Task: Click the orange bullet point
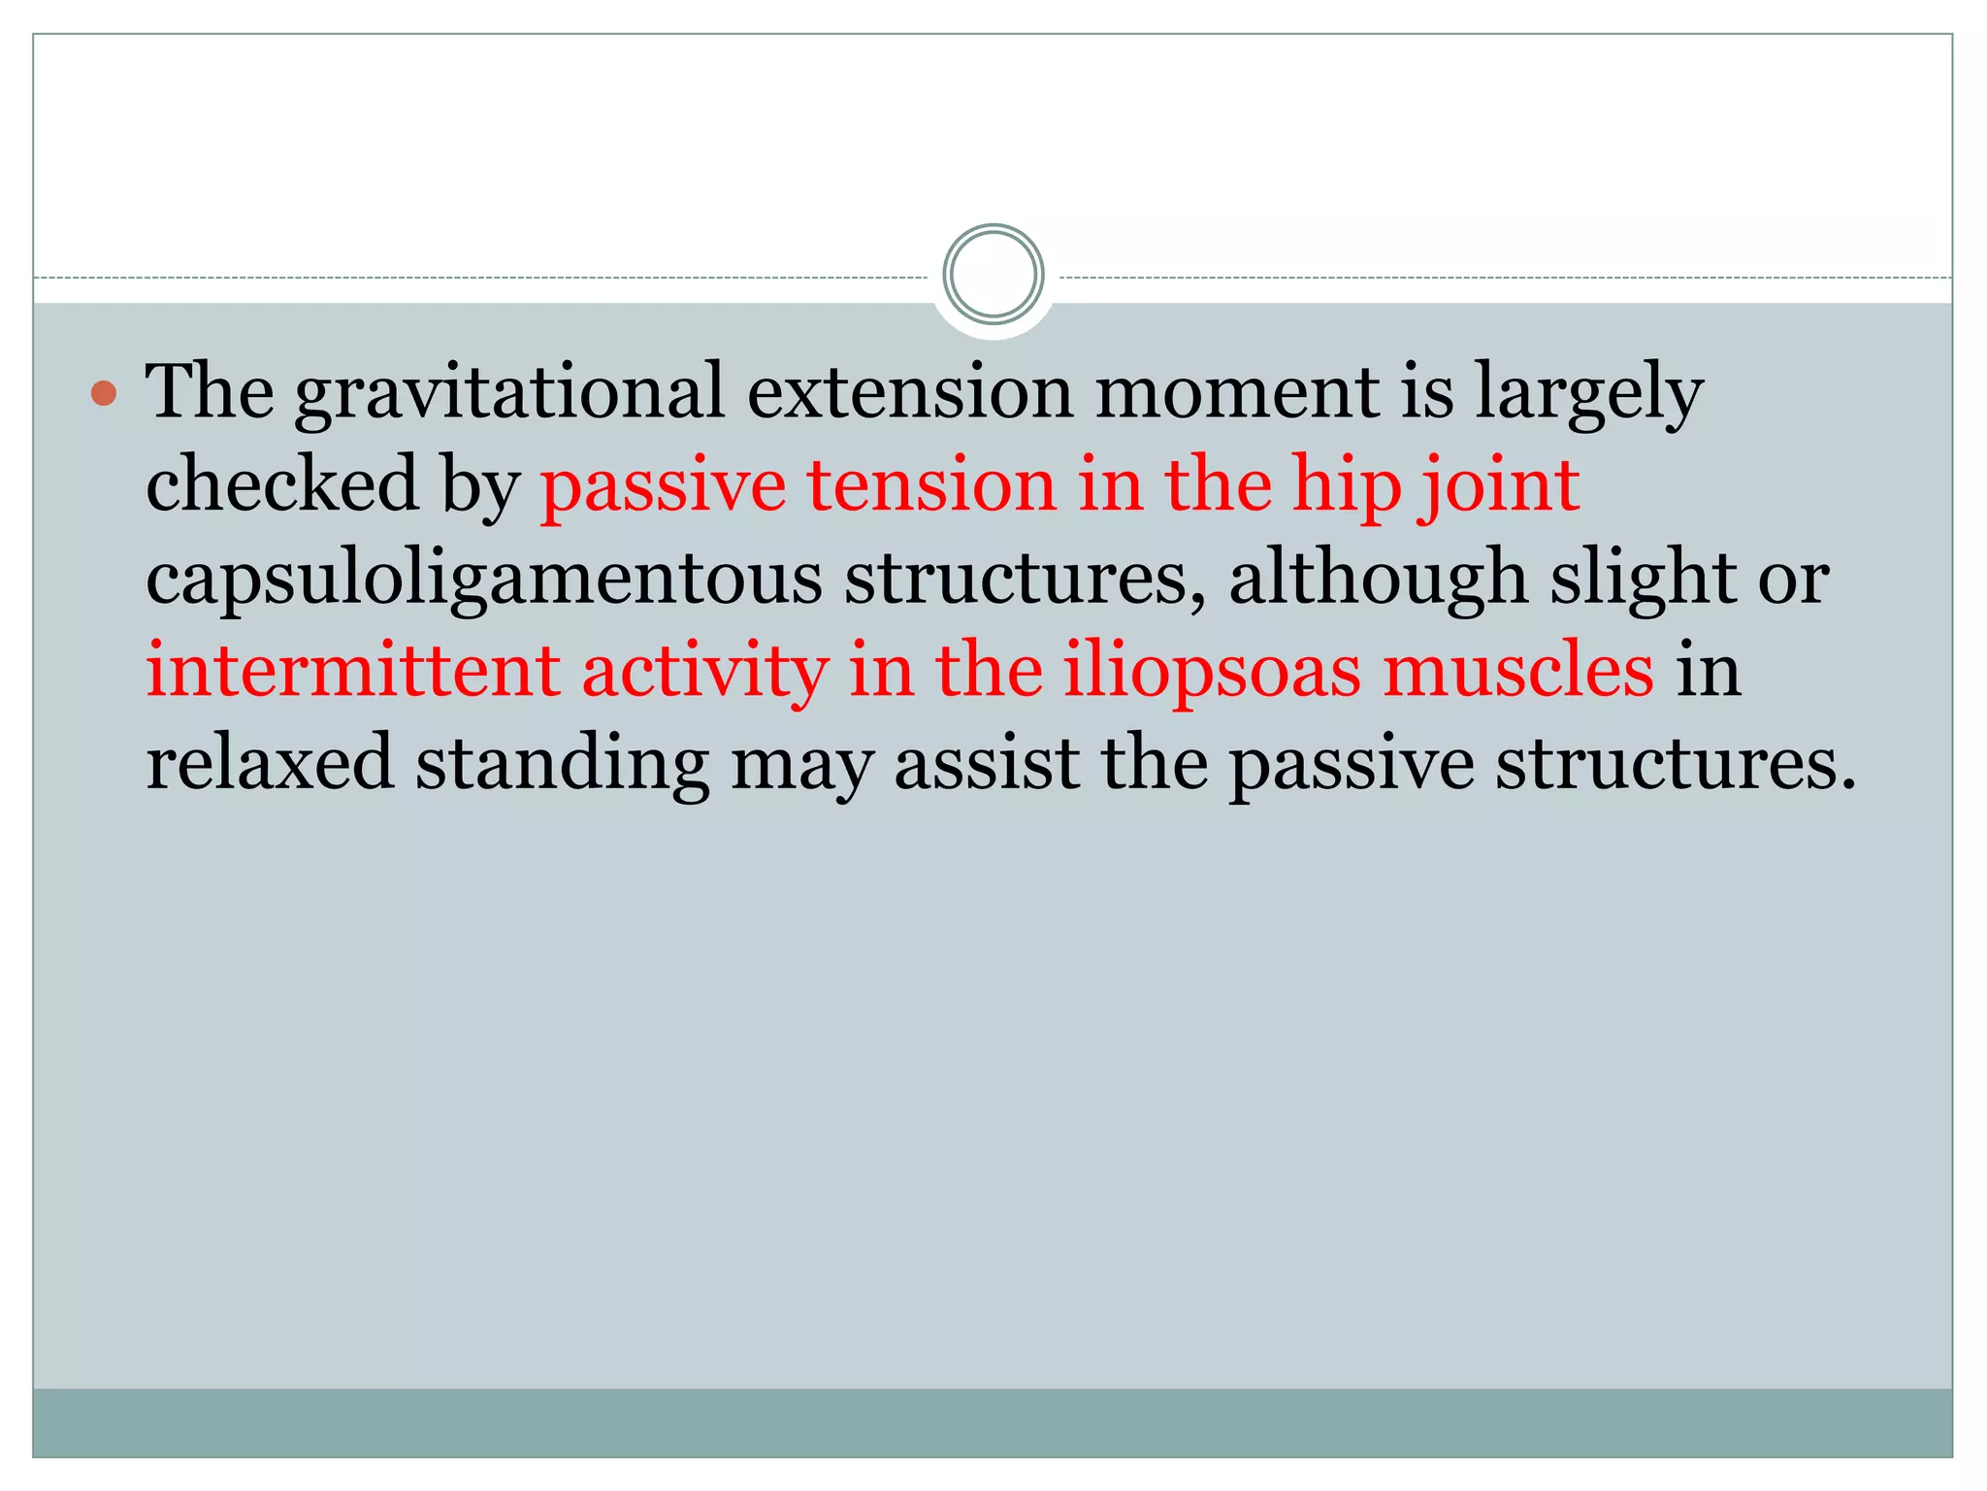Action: click(x=104, y=393)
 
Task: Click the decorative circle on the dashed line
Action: click(x=993, y=275)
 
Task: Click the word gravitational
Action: click(x=510, y=393)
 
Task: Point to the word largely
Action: click(x=1588, y=393)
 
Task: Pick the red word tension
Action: click(x=931, y=484)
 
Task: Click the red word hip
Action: click(x=1347, y=486)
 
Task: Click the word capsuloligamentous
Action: click(x=483, y=579)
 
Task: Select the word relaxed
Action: click(x=270, y=763)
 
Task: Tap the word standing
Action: click(x=563, y=765)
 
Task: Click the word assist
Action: click(x=986, y=763)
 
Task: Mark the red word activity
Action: click(x=704, y=672)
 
